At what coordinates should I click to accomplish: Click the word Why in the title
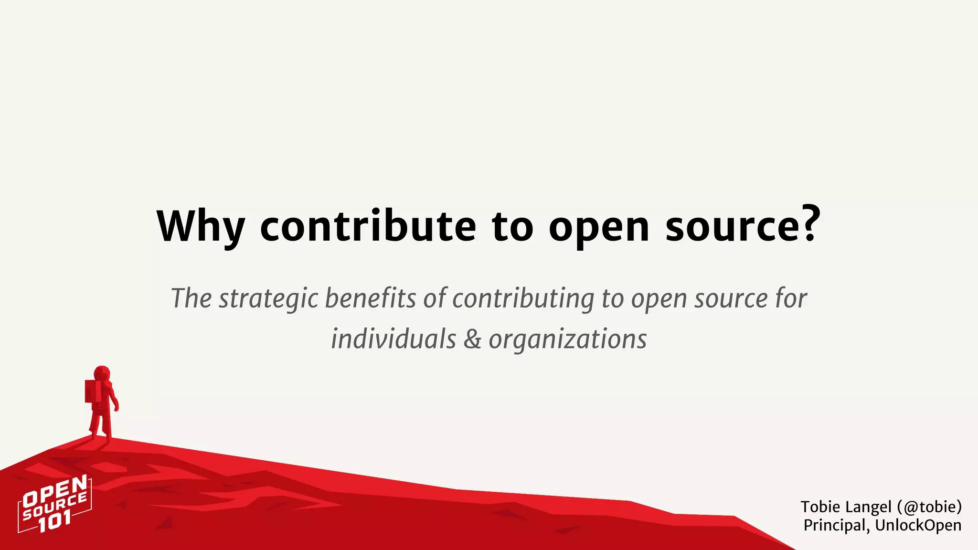201,226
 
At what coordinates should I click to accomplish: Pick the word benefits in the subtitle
371,298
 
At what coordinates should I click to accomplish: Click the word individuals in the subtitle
393,339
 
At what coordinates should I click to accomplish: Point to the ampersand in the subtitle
472,339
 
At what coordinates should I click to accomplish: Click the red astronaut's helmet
102,373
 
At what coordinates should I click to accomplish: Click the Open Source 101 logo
54,504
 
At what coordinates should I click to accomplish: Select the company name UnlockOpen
918,525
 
